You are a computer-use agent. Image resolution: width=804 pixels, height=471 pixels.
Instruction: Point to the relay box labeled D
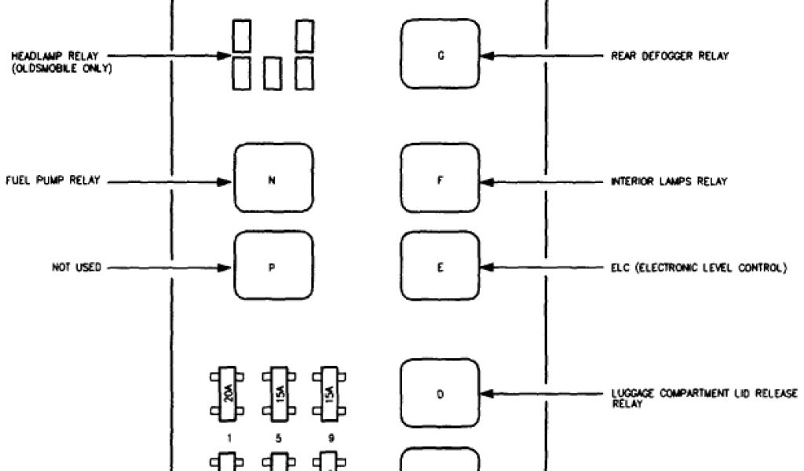click(x=440, y=393)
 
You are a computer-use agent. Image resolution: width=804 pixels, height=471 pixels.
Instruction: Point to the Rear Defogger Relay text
click(x=670, y=57)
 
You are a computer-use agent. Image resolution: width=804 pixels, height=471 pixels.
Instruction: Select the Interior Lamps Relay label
click(x=669, y=182)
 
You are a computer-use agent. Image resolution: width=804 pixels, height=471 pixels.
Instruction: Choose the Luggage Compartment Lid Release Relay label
click(x=703, y=396)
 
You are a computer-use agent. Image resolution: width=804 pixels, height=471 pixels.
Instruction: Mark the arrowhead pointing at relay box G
click(x=486, y=57)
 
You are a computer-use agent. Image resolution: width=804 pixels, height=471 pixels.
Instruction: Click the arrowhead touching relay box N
click(x=227, y=182)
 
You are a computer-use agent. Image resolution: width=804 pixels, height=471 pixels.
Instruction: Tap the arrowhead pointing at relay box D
click(x=486, y=393)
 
